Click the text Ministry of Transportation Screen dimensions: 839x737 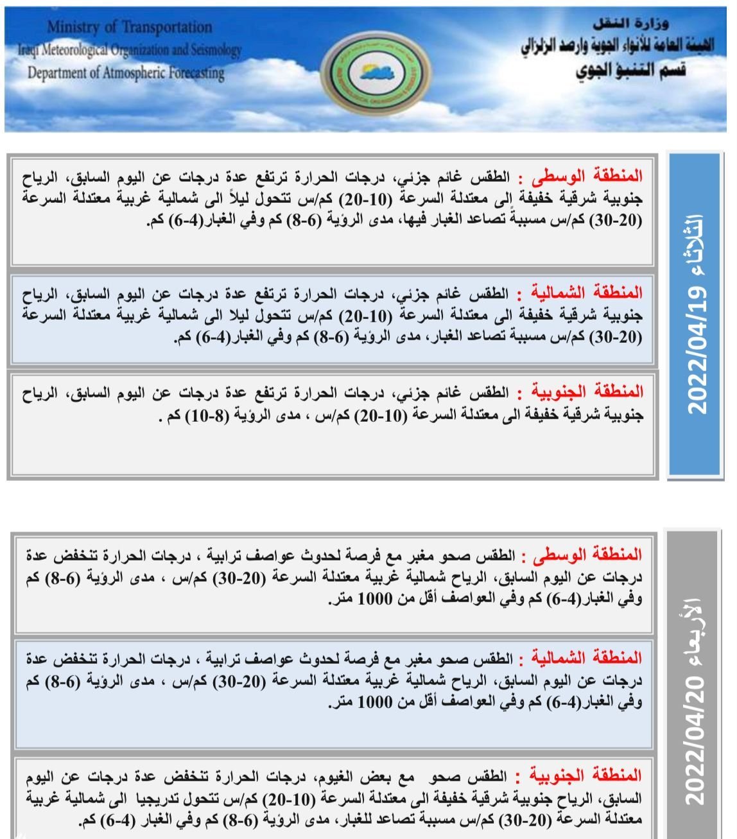tap(129, 28)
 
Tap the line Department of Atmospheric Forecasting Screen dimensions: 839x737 tap(126, 72)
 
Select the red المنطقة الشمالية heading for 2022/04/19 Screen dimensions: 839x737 tap(582, 293)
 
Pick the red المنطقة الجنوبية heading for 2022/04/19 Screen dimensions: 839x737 tap(584, 391)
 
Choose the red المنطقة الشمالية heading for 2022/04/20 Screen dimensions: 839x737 tap(582, 658)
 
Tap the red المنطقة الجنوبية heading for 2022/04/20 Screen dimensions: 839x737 tap(584, 775)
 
